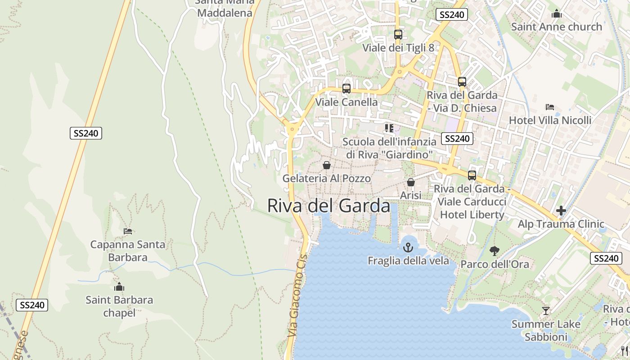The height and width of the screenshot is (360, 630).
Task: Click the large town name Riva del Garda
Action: [x=328, y=206]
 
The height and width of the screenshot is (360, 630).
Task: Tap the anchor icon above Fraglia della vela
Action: [x=408, y=247]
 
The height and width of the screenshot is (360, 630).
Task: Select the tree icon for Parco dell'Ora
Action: [x=494, y=251]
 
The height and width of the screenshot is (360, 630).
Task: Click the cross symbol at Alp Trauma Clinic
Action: [x=561, y=211]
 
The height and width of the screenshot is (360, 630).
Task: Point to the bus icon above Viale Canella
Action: [x=346, y=89]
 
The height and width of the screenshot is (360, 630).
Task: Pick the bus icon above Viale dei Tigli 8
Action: [x=398, y=35]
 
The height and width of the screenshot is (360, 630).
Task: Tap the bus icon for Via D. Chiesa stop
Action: [x=462, y=82]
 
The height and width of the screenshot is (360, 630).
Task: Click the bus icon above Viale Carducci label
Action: [x=472, y=175]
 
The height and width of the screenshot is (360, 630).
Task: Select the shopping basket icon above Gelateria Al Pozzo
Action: [x=327, y=165]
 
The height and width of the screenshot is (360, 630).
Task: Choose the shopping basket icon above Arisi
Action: [x=410, y=182]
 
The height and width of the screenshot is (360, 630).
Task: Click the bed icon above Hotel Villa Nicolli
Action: [x=549, y=107]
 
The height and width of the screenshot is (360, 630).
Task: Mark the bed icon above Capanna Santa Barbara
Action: [x=128, y=231]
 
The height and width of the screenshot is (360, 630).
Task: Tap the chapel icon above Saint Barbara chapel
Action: [x=119, y=287]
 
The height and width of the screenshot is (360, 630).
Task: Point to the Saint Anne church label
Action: [x=556, y=27]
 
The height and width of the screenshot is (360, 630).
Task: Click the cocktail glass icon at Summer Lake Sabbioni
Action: [x=545, y=311]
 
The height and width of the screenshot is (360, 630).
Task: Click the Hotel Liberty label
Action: [x=472, y=215]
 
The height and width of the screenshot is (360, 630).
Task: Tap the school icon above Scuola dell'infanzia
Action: [x=389, y=128]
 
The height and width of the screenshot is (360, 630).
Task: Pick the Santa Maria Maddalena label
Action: [x=225, y=8]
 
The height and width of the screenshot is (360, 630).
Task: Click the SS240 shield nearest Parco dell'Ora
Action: [x=606, y=258]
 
